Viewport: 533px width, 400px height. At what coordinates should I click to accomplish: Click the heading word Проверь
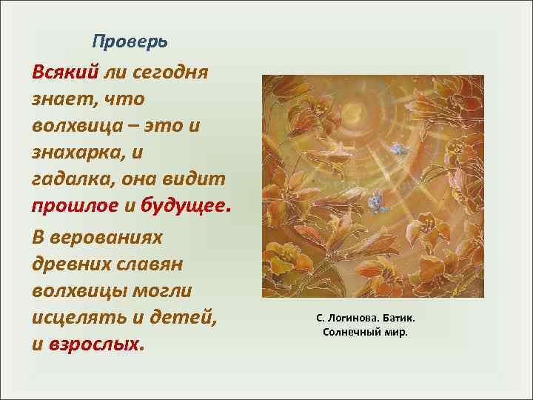[x=130, y=41]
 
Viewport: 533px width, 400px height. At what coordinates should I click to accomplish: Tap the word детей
[x=191, y=319]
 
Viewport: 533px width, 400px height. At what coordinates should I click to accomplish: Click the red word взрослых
[x=94, y=345]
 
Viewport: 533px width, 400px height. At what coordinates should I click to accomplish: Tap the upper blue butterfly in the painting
[x=399, y=150]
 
